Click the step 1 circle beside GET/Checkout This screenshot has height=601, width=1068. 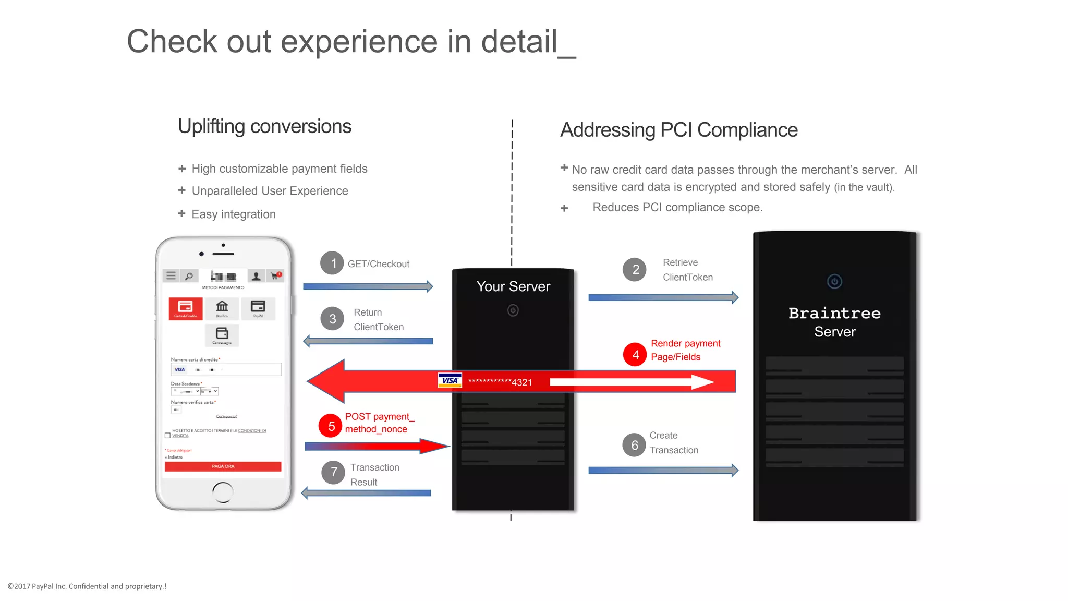pyautogui.click(x=332, y=263)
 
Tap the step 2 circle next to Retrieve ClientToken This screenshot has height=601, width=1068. pyautogui.click(x=635, y=269)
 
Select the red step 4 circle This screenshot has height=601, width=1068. pyautogui.click(x=635, y=355)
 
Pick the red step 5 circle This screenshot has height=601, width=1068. pyautogui.click(x=331, y=426)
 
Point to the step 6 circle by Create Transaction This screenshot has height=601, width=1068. pyautogui.click(x=634, y=445)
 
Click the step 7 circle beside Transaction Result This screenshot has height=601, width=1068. pyautogui.click(x=333, y=473)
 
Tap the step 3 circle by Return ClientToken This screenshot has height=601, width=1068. pyautogui.click(x=332, y=319)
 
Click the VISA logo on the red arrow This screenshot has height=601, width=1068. pyautogui.click(x=450, y=380)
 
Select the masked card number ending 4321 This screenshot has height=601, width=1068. pyautogui.click(x=500, y=382)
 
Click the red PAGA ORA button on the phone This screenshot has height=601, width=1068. pyautogui.click(x=223, y=466)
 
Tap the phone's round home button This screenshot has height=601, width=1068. pyautogui.click(x=223, y=491)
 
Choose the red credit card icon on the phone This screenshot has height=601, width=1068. pyautogui.click(x=185, y=308)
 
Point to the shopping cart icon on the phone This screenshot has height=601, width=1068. pyautogui.click(x=275, y=275)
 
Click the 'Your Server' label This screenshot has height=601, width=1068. pyautogui.click(x=513, y=286)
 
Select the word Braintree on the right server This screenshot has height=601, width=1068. pyautogui.click(x=834, y=313)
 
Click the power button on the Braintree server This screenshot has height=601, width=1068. pyautogui.click(x=834, y=282)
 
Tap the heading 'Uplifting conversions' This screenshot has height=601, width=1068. pyautogui.click(x=264, y=126)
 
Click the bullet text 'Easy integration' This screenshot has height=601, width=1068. pyautogui.click(x=233, y=214)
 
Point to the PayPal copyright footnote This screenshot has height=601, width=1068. pyautogui.click(x=87, y=586)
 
